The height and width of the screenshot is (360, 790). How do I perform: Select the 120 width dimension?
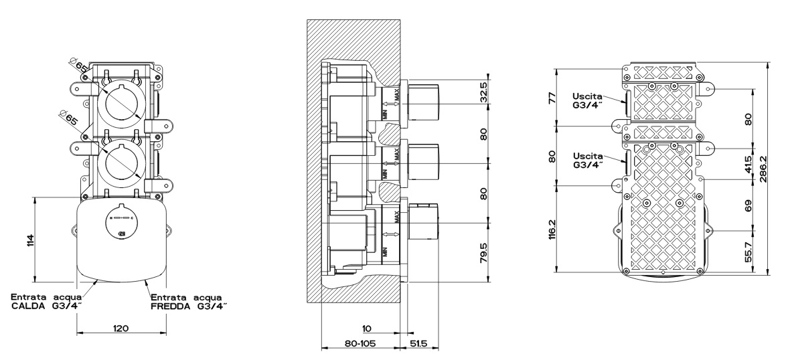(x=121, y=329)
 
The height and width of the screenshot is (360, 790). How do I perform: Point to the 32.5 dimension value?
(x=484, y=93)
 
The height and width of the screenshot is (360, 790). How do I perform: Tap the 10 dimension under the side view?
(x=366, y=329)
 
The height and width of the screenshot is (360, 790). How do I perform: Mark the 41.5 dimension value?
(x=747, y=163)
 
